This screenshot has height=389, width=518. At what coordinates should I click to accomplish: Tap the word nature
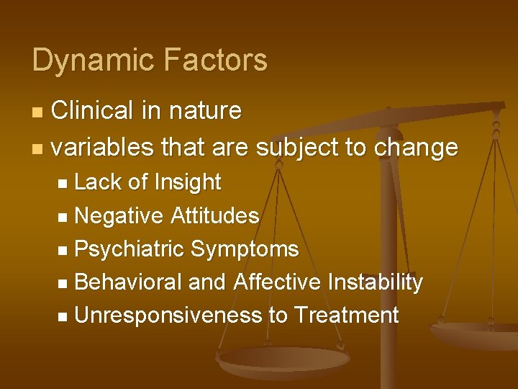tap(205, 111)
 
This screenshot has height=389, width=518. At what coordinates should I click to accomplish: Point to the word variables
tap(103, 147)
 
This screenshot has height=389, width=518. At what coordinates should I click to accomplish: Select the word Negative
tap(119, 215)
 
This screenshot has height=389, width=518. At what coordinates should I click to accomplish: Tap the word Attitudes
tap(215, 215)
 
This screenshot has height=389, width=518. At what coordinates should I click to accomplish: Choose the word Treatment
tap(346, 315)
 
